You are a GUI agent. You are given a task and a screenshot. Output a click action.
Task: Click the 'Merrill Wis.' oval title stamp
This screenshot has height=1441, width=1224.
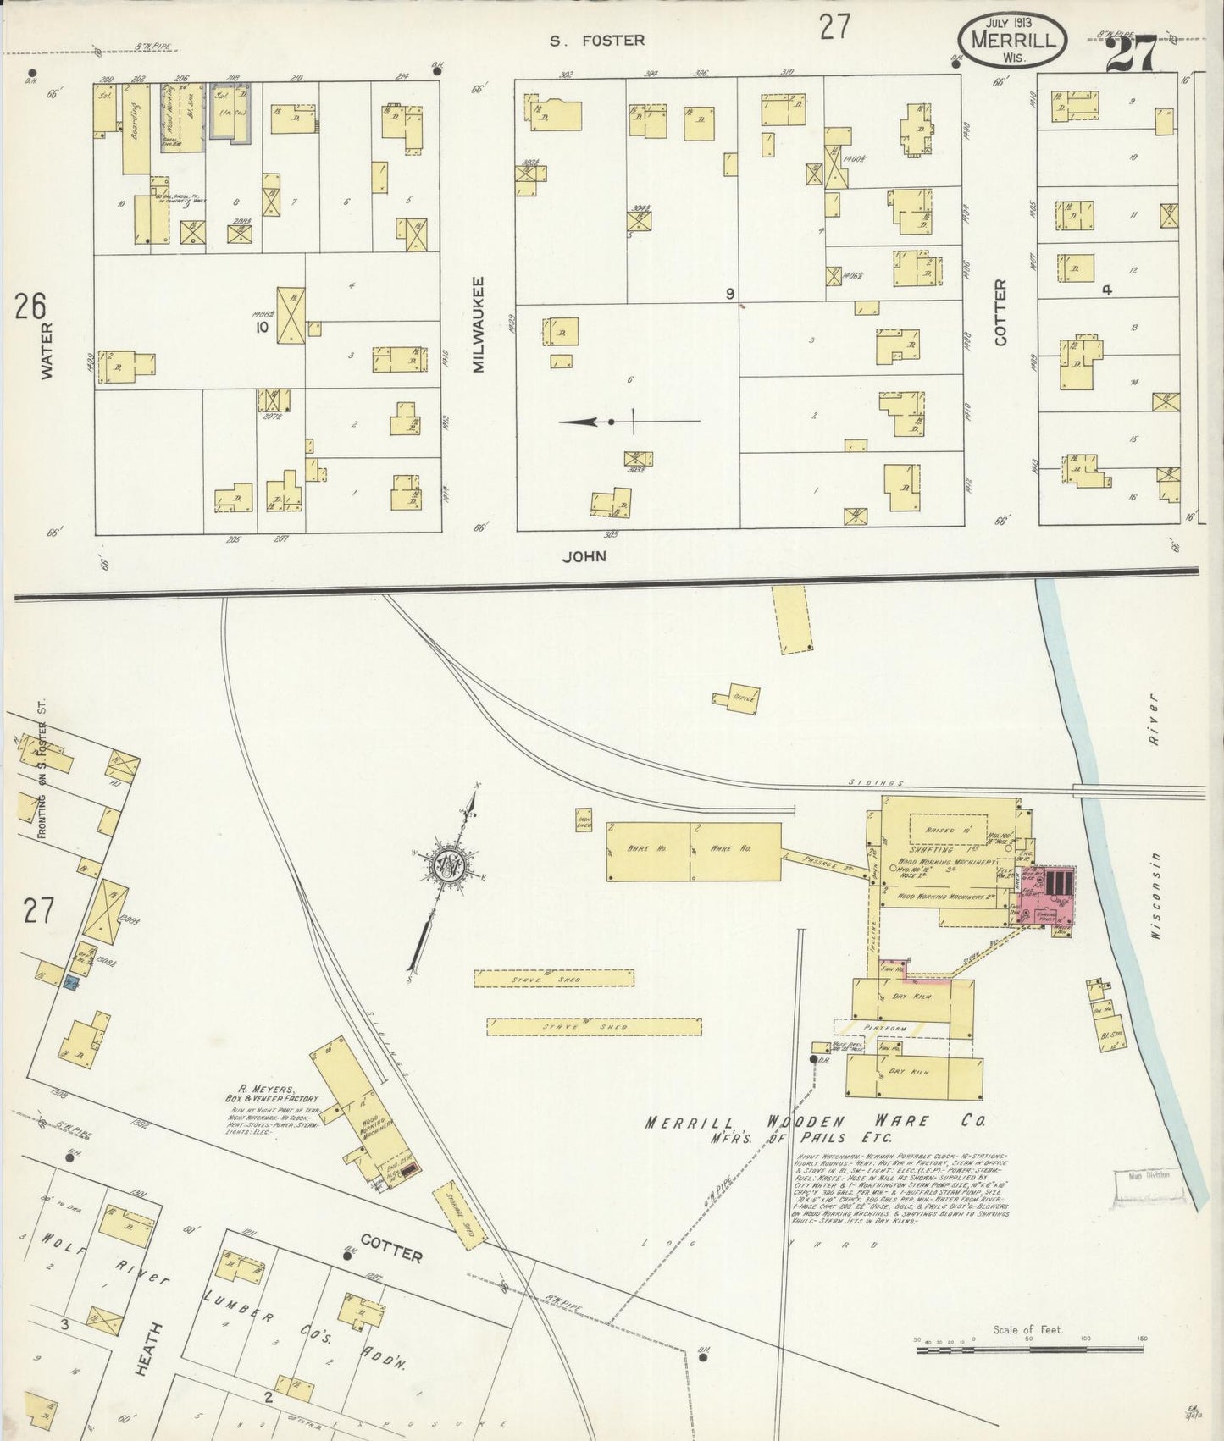1012,39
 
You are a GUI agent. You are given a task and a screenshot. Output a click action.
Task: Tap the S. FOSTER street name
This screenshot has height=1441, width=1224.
597,39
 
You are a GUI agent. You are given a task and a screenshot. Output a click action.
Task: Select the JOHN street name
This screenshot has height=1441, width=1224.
584,556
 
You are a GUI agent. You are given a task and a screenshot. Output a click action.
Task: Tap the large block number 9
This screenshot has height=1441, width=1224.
729,294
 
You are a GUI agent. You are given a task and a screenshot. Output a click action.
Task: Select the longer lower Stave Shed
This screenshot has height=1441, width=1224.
593,1026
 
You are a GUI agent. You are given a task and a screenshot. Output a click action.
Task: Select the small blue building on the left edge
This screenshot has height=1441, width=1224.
71,983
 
